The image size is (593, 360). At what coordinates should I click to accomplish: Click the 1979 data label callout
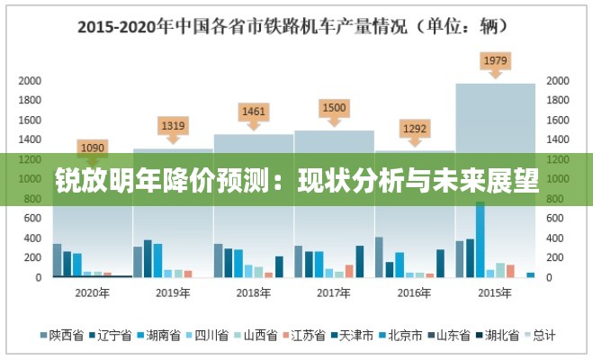[495, 61]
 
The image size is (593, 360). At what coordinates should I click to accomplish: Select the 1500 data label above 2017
[334, 108]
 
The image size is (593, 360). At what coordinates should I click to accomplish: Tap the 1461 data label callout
[254, 112]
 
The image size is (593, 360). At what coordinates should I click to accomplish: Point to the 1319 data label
[173, 126]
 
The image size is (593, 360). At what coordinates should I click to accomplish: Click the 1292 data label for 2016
[414, 128]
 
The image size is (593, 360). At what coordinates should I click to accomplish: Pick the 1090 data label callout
[93, 147]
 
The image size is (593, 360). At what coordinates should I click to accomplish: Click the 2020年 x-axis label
[93, 292]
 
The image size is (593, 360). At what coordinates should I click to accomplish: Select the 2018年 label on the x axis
[254, 292]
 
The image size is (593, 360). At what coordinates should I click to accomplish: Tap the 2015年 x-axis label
[495, 292]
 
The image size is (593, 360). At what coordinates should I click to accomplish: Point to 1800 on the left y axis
[31, 100]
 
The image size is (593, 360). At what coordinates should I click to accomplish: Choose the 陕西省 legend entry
[62, 336]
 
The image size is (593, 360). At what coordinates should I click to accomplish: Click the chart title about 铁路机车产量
[296, 26]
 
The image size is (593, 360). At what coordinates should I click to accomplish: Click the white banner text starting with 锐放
[296, 180]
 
